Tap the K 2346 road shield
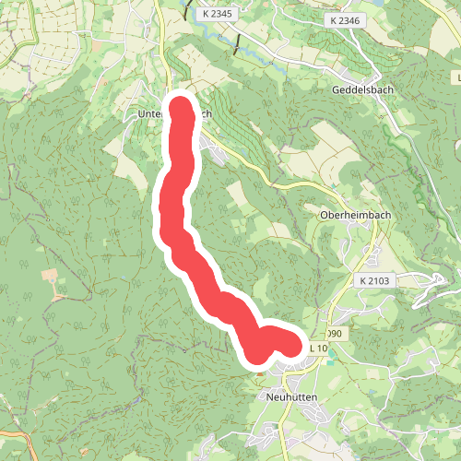346,19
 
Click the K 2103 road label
372,278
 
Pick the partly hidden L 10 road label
318,348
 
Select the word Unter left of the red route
148,114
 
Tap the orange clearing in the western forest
49,276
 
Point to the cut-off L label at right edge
457,89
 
